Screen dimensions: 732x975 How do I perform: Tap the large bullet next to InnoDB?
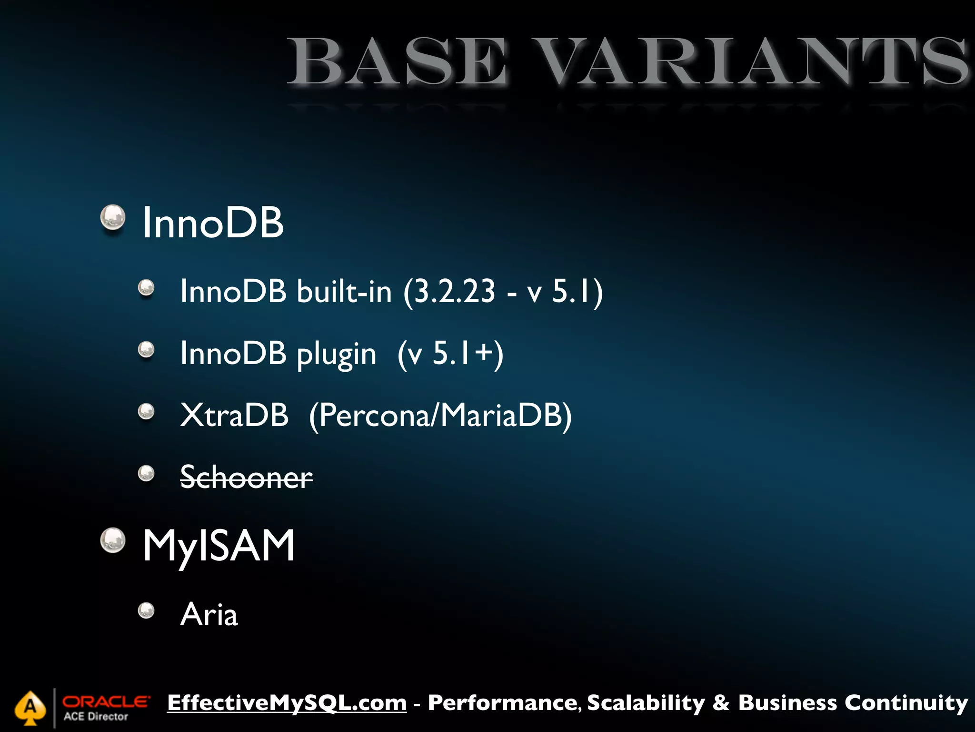pyautogui.click(x=113, y=218)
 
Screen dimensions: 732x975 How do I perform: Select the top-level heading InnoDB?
pyautogui.click(x=213, y=223)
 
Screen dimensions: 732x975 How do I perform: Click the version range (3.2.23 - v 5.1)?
pyautogui.click(x=503, y=292)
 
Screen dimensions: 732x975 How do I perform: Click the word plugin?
pyautogui.click(x=336, y=354)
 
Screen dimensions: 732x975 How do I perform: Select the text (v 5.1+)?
pyautogui.click(x=450, y=354)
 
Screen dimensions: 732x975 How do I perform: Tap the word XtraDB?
pyautogui.click(x=234, y=415)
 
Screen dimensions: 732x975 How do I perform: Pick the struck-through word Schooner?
pyautogui.click(x=246, y=477)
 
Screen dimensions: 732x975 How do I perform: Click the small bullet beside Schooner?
pyautogui.click(x=146, y=473)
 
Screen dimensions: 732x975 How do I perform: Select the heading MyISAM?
pyautogui.click(x=219, y=546)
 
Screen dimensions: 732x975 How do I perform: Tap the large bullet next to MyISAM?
pyautogui.click(x=113, y=540)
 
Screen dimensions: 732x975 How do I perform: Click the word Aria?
pyautogui.click(x=209, y=615)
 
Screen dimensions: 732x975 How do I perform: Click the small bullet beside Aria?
pyautogui.click(x=146, y=610)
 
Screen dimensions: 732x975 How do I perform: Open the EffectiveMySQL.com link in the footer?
pyautogui.click(x=287, y=703)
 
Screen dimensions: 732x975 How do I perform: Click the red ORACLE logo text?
pyautogui.click(x=106, y=701)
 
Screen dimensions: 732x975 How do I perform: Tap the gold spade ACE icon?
pyautogui.click(x=30, y=708)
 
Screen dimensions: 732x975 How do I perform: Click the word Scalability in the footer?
pyautogui.click(x=646, y=703)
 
